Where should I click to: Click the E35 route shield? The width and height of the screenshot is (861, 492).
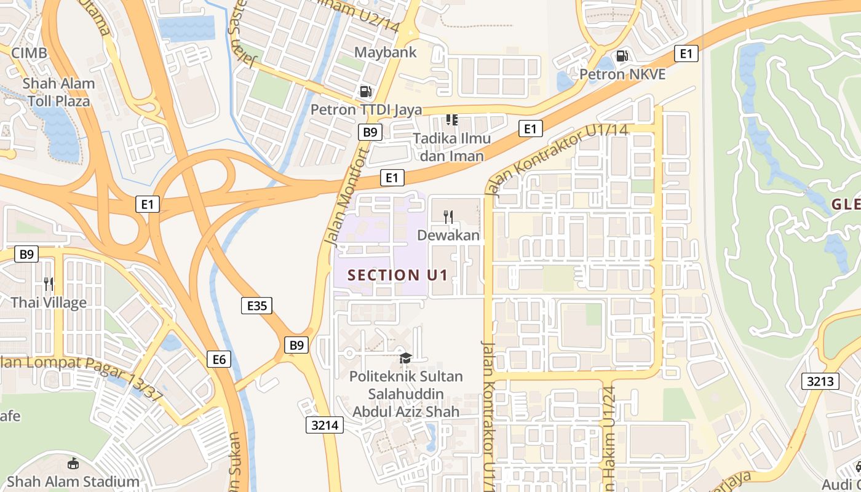pyautogui.click(x=256, y=306)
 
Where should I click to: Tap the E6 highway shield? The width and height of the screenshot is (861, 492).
pyautogui.click(x=220, y=359)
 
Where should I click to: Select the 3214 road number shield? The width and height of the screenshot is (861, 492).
pyautogui.click(x=324, y=424)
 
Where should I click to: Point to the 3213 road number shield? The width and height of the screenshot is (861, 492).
pyautogui.click(x=820, y=381)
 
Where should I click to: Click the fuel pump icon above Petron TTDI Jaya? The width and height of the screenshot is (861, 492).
pyautogui.click(x=365, y=92)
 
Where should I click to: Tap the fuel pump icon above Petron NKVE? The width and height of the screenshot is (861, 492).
pyautogui.click(x=622, y=56)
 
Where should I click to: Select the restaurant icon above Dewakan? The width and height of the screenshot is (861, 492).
pyautogui.click(x=448, y=216)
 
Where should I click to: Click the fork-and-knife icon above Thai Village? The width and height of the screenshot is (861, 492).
pyautogui.click(x=49, y=284)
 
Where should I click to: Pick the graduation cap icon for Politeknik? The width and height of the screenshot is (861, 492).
pyautogui.click(x=405, y=358)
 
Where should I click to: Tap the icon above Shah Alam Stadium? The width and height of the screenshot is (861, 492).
pyautogui.click(x=73, y=463)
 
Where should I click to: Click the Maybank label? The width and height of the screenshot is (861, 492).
pyautogui.click(x=385, y=52)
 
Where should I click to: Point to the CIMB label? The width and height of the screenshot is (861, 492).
pyautogui.click(x=29, y=53)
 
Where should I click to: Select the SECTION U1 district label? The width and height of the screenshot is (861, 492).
pyautogui.click(x=397, y=275)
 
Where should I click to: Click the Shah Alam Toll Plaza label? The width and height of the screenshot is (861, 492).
pyautogui.click(x=59, y=92)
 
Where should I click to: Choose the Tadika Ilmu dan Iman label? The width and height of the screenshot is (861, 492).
pyautogui.click(x=451, y=147)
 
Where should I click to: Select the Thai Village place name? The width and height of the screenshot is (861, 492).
pyautogui.click(x=49, y=303)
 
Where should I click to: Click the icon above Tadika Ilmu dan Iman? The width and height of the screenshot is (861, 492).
pyautogui.click(x=452, y=119)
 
